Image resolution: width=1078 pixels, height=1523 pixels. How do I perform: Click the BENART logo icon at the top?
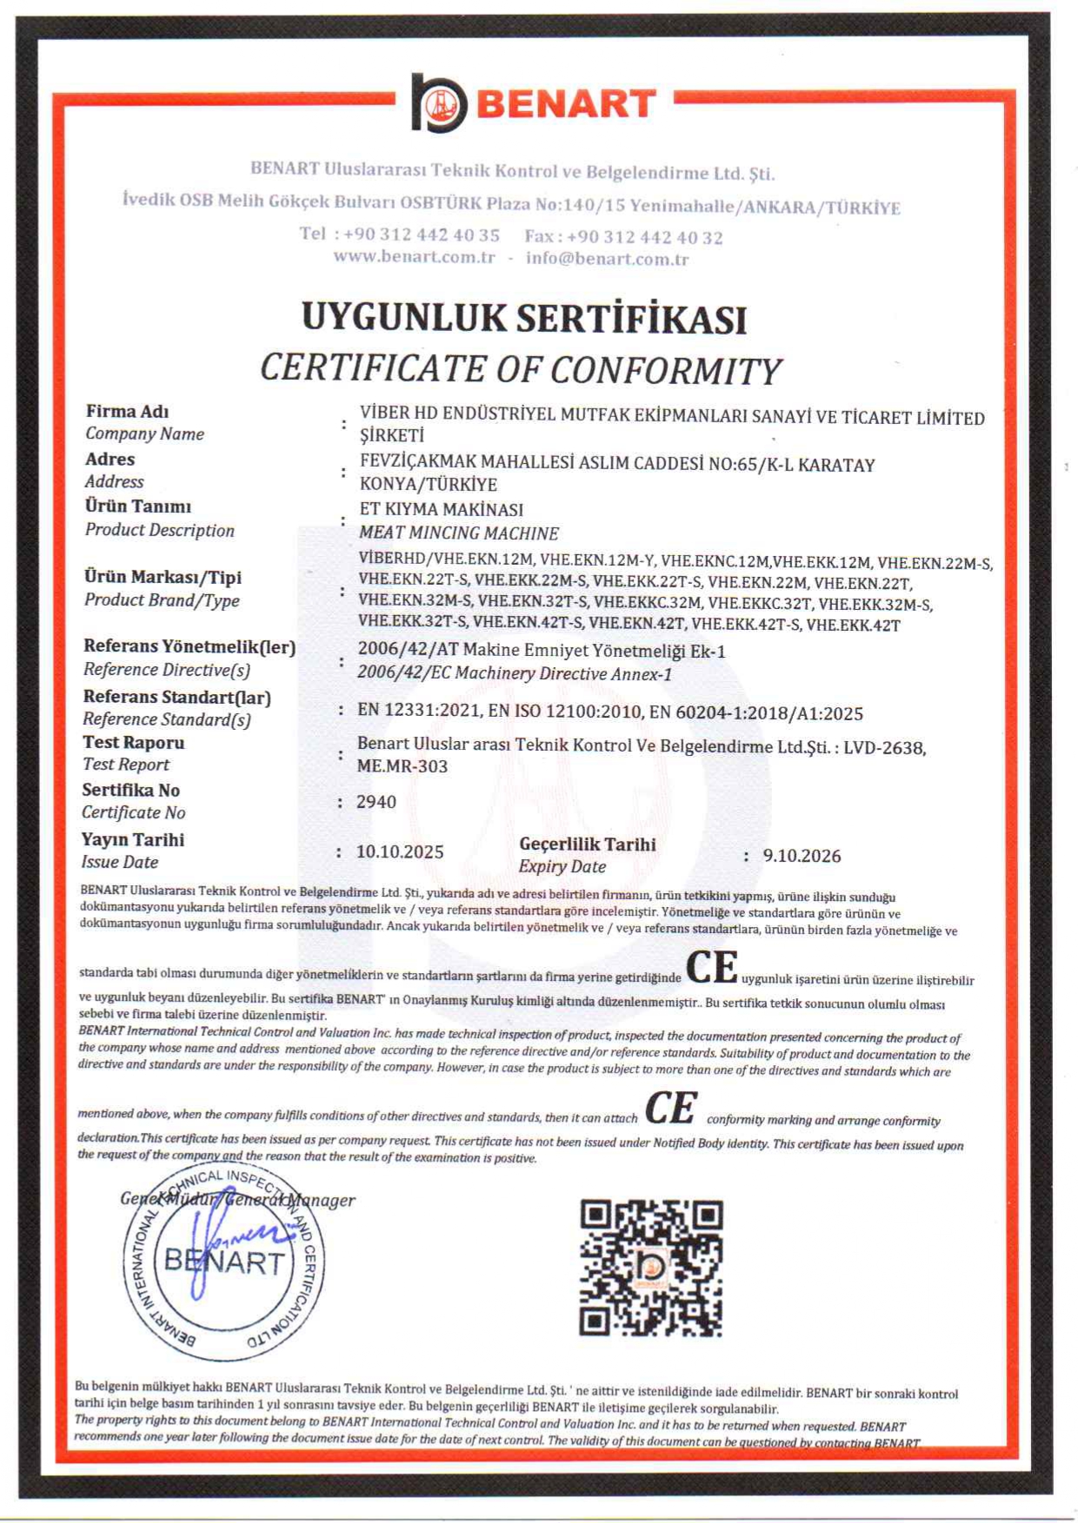coord(439,103)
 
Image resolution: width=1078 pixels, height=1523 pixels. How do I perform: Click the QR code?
coord(651,1268)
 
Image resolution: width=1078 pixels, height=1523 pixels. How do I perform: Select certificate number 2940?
coord(376,802)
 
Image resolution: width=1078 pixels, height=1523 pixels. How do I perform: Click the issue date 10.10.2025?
coord(400,851)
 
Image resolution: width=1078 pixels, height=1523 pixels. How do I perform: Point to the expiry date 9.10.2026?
coord(802,856)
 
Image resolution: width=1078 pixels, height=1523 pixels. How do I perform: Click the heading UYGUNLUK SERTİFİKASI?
coord(524,318)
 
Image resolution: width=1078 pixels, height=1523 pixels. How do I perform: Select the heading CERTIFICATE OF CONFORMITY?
coord(522,369)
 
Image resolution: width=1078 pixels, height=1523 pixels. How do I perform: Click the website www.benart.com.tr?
coord(414,257)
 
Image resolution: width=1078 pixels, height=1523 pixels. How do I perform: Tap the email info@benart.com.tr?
coord(607,259)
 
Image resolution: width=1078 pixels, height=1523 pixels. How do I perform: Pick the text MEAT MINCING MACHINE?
coord(459,533)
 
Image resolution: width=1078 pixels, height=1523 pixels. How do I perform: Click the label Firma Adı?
coord(127,411)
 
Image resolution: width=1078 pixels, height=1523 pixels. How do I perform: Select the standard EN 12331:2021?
coord(419,711)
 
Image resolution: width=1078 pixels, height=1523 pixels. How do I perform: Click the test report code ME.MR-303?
coord(403,766)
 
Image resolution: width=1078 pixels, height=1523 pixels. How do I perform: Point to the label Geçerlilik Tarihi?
coord(588,844)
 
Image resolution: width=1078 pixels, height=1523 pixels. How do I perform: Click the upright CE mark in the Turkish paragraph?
coord(712,967)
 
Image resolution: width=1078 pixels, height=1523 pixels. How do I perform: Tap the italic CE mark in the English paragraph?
coord(670,1109)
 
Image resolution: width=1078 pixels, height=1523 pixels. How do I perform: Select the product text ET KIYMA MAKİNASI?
coord(442,509)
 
